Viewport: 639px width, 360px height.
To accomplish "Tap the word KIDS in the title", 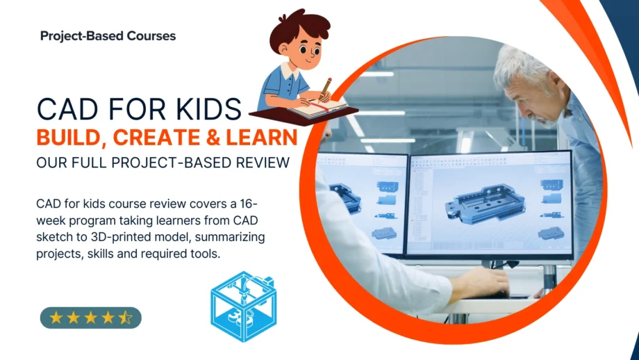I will click(x=206, y=109).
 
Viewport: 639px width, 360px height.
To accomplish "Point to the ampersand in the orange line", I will click(x=206, y=137).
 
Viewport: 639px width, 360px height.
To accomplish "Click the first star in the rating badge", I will click(x=56, y=318).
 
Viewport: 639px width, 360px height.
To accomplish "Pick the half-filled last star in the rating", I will click(x=125, y=318).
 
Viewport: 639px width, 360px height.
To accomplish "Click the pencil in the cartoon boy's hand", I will click(x=326, y=86).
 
